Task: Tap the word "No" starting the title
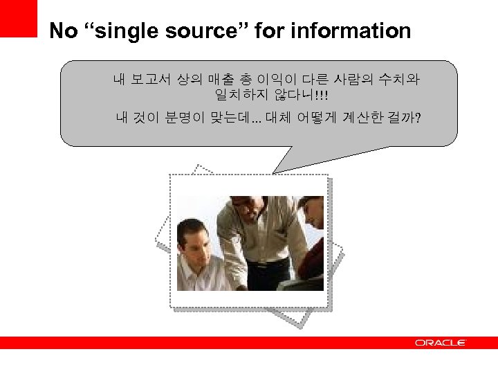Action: tap(64, 31)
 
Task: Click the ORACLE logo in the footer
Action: tap(440, 343)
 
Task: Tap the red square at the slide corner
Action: tap(18, 17)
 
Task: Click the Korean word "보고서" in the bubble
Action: tap(151, 80)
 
